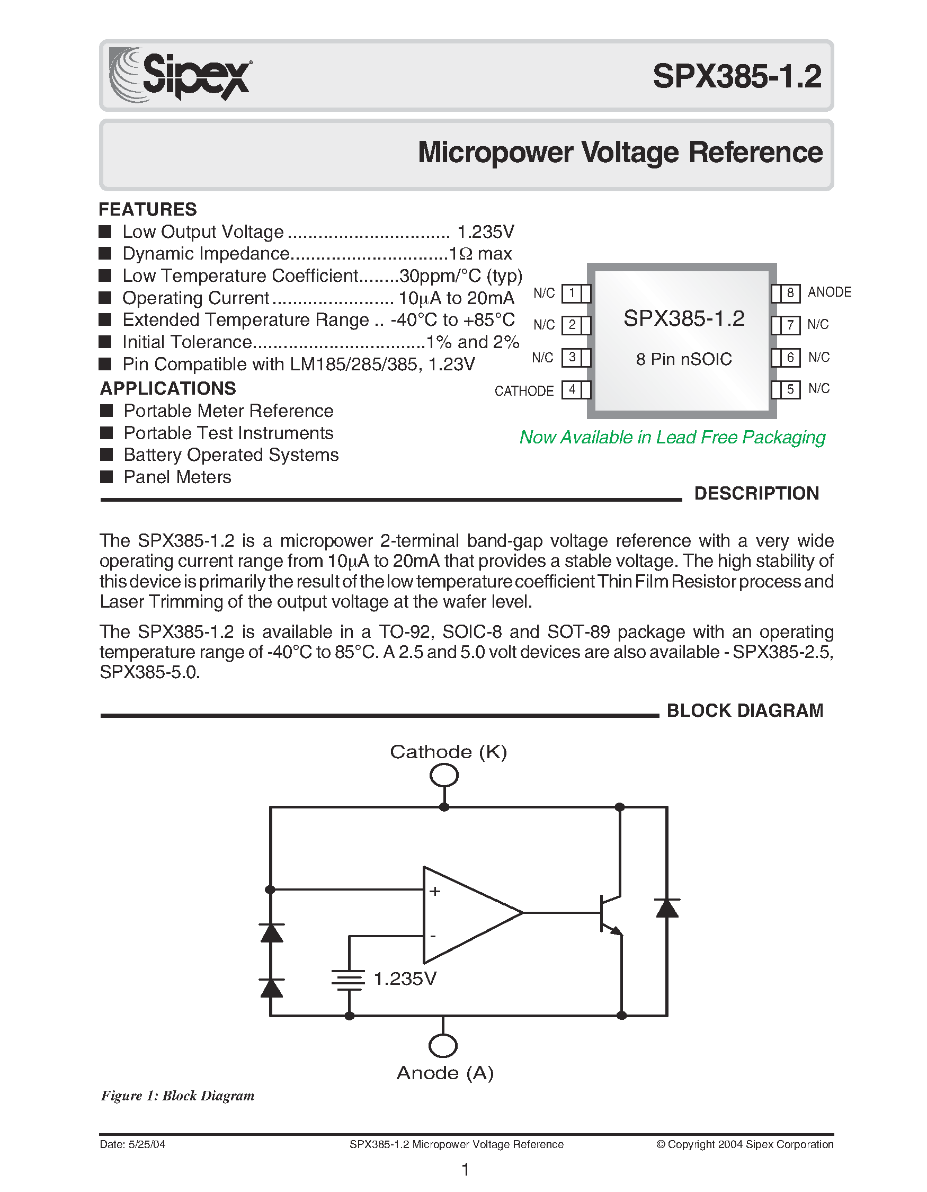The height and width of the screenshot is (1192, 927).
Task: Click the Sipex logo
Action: pyautogui.click(x=180, y=75)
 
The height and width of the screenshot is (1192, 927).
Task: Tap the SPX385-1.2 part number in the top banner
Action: pyautogui.click(x=737, y=76)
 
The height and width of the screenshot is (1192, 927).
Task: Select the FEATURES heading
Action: pyautogui.click(x=147, y=209)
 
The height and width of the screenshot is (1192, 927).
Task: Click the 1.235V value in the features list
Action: pyautogui.click(x=485, y=232)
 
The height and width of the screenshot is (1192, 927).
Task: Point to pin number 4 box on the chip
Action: pyautogui.click(x=572, y=390)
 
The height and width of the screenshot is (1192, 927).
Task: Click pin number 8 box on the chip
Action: pyautogui.click(x=789, y=293)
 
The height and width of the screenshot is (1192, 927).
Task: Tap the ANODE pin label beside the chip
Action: pyautogui.click(x=829, y=292)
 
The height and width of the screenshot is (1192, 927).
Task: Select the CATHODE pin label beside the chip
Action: pyautogui.click(x=524, y=391)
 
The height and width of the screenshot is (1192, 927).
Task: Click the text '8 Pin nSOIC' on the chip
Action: pyautogui.click(x=684, y=359)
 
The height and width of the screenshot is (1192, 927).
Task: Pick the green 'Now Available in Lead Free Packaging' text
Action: pyautogui.click(x=672, y=437)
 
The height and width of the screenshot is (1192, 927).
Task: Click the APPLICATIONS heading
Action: pyautogui.click(x=168, y=388)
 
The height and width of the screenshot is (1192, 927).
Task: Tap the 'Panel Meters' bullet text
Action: pyautogui.click(x=177, y=477)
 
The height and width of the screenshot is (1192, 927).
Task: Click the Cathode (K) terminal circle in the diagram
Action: pyautogui.click(x=443, y=775)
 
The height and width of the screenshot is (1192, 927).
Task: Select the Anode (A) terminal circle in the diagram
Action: pyautogui.click(x=443, y=1046)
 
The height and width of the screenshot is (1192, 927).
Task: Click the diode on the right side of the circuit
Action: pyautogui.click(x=667, y=908)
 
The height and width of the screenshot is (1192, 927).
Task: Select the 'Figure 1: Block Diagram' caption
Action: pyautogui.click(x=177, y=1096)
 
